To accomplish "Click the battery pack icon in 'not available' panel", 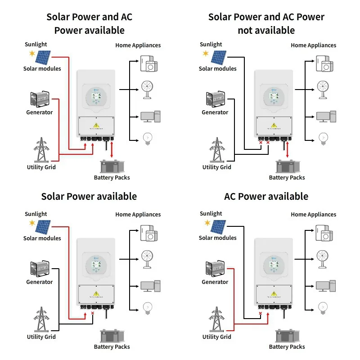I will (287, 167).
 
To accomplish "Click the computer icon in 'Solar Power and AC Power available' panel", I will (148, 116).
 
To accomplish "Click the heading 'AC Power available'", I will (266, 197).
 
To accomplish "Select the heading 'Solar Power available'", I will (89, 197).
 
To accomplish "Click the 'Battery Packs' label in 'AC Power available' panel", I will (287, 347).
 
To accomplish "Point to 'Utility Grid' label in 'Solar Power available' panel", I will (41, 337).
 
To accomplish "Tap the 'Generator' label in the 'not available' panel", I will (215, 112).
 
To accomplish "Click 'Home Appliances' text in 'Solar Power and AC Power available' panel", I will (138, 45).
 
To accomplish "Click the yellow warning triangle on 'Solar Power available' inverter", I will (96, 294).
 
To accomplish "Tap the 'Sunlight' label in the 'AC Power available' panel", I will (211, 214).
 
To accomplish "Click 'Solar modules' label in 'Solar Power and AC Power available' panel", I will (42, 69).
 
